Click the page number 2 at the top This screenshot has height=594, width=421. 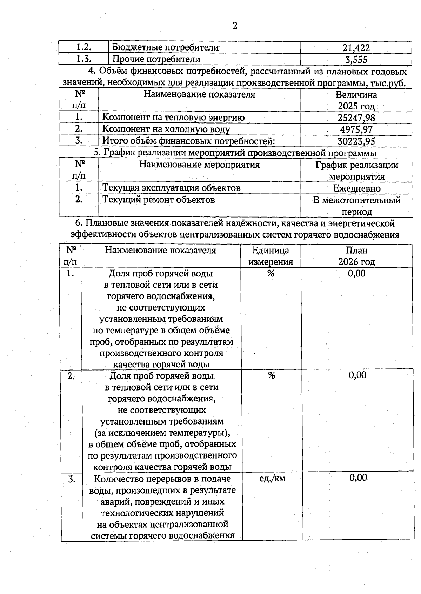[235, 26]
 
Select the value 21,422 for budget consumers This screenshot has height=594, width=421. [356, 48]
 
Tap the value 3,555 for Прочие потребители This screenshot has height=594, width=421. [356, 60]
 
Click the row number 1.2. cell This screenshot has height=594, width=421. [84, 47]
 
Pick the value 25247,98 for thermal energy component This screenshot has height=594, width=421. [356, 118]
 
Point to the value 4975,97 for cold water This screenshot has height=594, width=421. [356, 129]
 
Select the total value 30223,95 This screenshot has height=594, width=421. [356, 141]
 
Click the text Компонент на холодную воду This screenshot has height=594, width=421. [166, 129]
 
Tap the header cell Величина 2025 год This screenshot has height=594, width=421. [356, 100]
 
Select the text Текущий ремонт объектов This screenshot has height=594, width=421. [159, 200]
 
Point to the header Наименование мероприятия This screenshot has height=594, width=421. [199, 165]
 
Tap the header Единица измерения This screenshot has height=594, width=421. [270, 256]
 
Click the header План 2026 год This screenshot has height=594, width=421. [356, 256]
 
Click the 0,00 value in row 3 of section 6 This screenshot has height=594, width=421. [358, 478]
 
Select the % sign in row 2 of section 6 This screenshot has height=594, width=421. [272, 375]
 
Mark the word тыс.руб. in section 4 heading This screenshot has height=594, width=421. [390, 83]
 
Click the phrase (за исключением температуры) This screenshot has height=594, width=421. [162, 433]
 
